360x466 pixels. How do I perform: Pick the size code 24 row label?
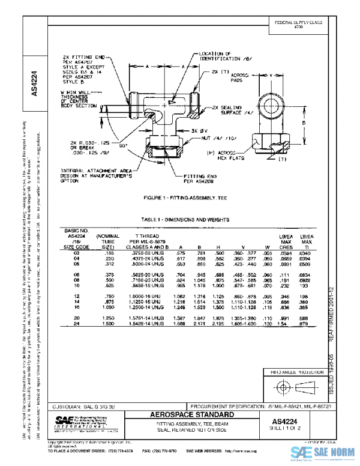tap(76, 324)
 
